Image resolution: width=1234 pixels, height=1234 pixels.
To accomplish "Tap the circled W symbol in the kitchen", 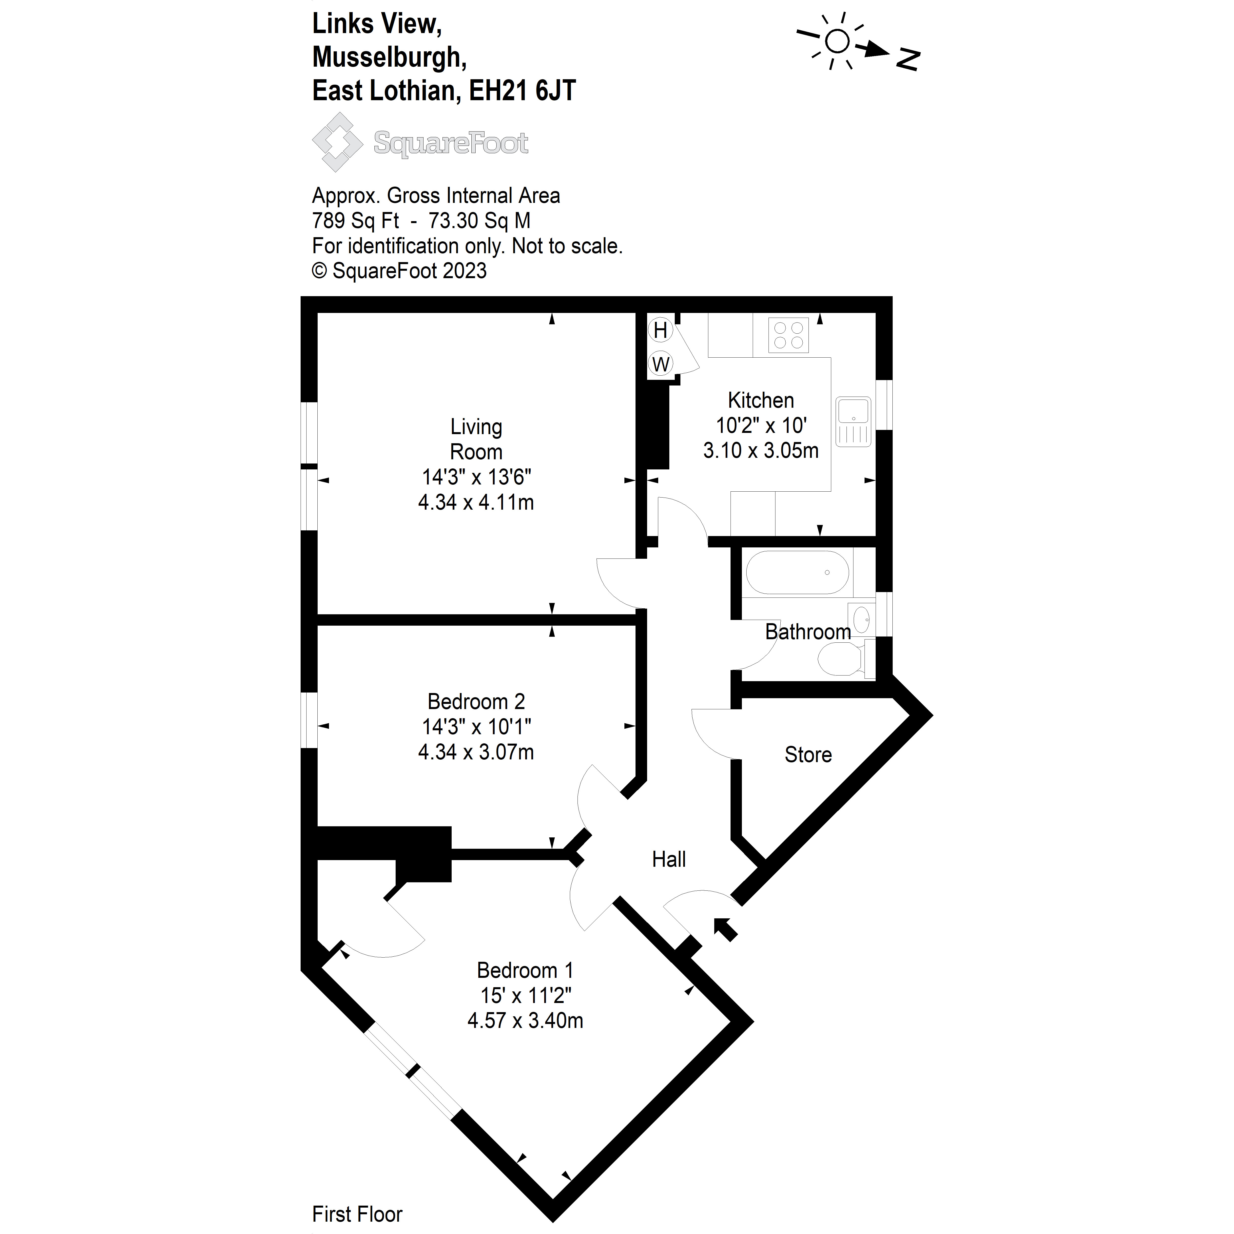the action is (x=660, y=364).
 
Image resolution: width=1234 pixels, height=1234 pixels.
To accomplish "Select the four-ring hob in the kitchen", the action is (x=788, y=335).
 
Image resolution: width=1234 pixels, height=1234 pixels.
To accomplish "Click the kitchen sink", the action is (x=853, y=422).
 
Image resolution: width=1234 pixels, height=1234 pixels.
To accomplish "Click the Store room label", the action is (x=808, y=755).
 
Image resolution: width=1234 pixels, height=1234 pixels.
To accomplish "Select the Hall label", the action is (x=669, y=860).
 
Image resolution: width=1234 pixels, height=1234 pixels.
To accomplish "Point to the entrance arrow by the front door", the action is (x=726, y=929).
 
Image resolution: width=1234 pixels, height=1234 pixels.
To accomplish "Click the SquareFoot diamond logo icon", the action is (x=337, y=142).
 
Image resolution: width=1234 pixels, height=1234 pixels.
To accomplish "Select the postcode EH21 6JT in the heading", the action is (x=522, y=91).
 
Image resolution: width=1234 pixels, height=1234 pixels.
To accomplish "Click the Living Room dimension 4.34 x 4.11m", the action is (x=476, y=503).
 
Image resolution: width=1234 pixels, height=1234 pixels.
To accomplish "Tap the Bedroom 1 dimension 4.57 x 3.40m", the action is (x=525, y=1021).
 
